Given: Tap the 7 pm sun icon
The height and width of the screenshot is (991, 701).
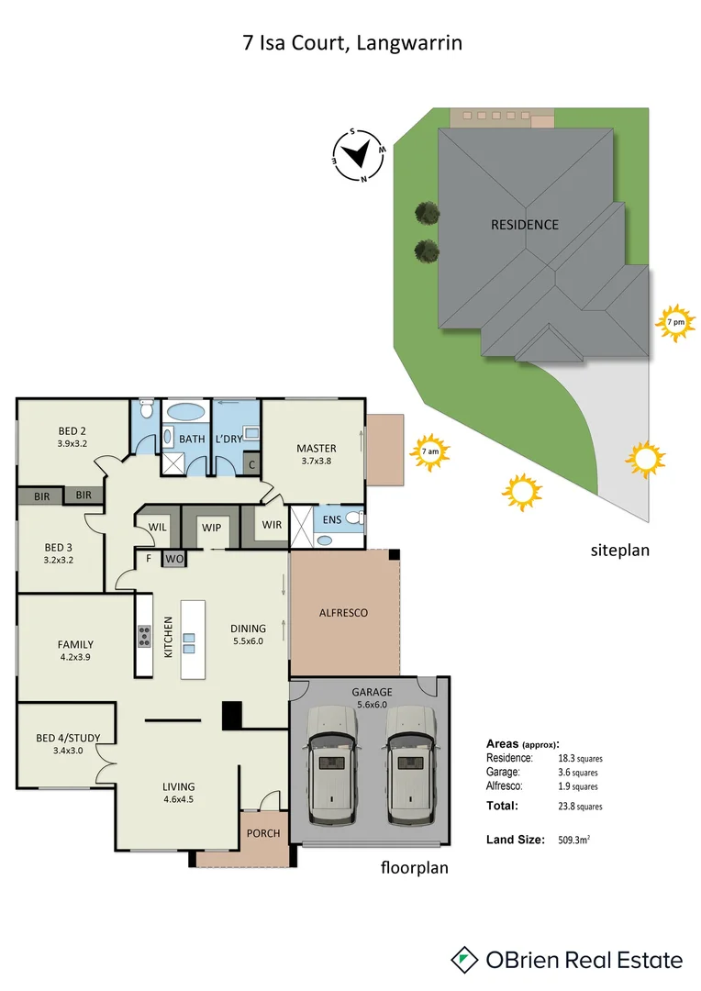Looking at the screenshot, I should [x=675, y=323].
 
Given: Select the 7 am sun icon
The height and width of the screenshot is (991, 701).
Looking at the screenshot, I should [x=429, y=451].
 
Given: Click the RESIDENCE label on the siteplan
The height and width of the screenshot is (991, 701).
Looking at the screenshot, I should [x=524, y=225].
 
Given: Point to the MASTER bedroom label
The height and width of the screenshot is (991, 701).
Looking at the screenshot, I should [x=316, y=449].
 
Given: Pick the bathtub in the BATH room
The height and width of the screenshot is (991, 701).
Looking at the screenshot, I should [x=187, y=412].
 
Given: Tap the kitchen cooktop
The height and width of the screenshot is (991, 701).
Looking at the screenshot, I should [x=144, y=636].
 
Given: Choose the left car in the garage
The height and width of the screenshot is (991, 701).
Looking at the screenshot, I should [x=333, y=763].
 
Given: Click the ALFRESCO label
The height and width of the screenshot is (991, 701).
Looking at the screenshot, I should [x=343, y=612].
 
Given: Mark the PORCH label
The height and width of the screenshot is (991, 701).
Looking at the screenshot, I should [x=263, y=834].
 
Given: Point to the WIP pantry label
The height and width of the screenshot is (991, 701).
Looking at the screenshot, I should [x=212, y=528].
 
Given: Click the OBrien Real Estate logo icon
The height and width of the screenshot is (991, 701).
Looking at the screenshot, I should [x=465, y=960].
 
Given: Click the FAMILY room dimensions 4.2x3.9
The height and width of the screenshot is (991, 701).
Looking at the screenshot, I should [x=74, y=657].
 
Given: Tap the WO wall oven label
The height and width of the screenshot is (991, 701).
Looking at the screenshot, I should [x=174, y=557].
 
